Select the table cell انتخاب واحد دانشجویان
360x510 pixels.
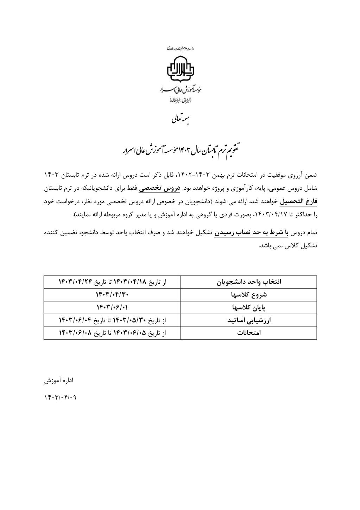pos(248,282)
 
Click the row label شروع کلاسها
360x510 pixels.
pos(248,295)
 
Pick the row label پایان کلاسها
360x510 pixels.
pos(248,307)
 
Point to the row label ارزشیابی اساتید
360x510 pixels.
pos(248,320)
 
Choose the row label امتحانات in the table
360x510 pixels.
pos(248,333)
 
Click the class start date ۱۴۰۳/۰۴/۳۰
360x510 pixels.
pos(112,295)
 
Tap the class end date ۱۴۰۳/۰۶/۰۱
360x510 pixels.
pos(112,307)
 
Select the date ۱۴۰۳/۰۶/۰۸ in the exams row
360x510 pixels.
pos(75,333)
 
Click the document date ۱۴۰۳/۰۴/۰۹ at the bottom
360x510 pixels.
pos(60,398)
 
